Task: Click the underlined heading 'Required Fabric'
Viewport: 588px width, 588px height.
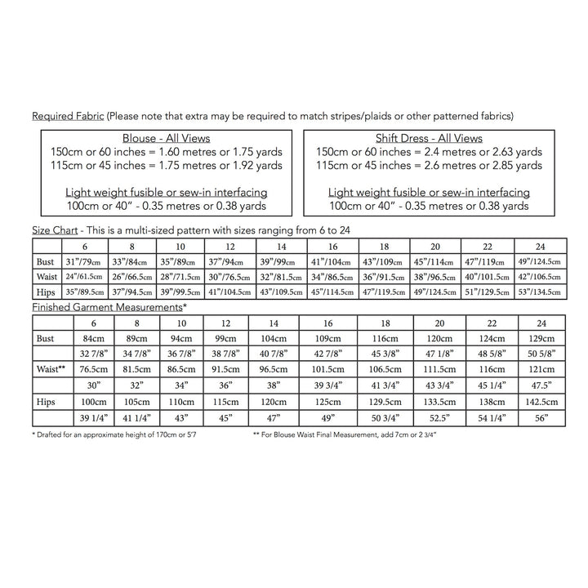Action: pos(68,116)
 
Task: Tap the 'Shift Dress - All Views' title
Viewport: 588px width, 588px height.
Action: pos(428,138)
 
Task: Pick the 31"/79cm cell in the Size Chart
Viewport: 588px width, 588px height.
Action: pos(84,261)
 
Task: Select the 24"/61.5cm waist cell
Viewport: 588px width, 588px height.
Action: pos(84,277)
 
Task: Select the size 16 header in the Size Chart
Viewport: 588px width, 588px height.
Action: pos(332,246)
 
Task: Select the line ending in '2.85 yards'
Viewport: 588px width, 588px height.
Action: pos(428,165)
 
